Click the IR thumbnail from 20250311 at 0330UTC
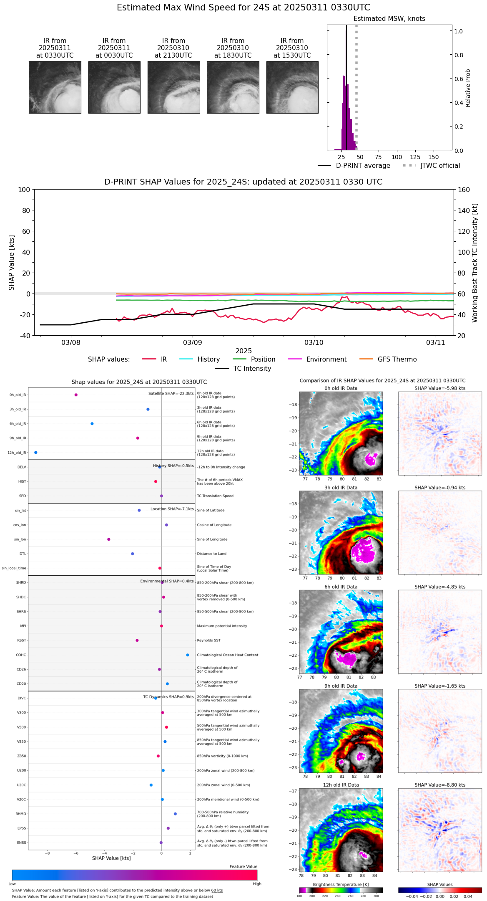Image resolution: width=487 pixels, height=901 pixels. click(55, 87)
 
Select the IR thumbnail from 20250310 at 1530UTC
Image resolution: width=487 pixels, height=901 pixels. click(292, 87)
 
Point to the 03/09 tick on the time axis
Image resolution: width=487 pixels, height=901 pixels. click(192, 343)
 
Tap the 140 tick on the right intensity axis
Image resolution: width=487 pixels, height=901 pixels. click(464, 210)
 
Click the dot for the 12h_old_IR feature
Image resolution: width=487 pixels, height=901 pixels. click(36, 453)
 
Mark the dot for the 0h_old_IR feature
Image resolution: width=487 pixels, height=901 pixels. click(76, 395)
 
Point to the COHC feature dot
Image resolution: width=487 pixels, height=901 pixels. click(188, 655)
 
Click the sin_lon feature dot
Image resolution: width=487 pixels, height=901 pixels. click(109, 539)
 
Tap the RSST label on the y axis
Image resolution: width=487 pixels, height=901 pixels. click(22, 640)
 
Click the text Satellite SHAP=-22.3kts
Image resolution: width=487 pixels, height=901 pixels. click(171, 394)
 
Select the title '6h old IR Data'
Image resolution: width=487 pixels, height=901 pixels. click(341, 587)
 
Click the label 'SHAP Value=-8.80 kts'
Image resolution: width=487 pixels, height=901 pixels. click(440, 785)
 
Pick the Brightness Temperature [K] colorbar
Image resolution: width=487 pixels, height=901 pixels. click(341, 890)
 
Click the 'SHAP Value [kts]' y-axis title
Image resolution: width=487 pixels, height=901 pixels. click(12, 263)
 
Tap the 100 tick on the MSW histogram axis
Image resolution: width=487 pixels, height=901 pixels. click(397, 157)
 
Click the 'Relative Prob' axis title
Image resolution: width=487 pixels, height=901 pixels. click(468, 88)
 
